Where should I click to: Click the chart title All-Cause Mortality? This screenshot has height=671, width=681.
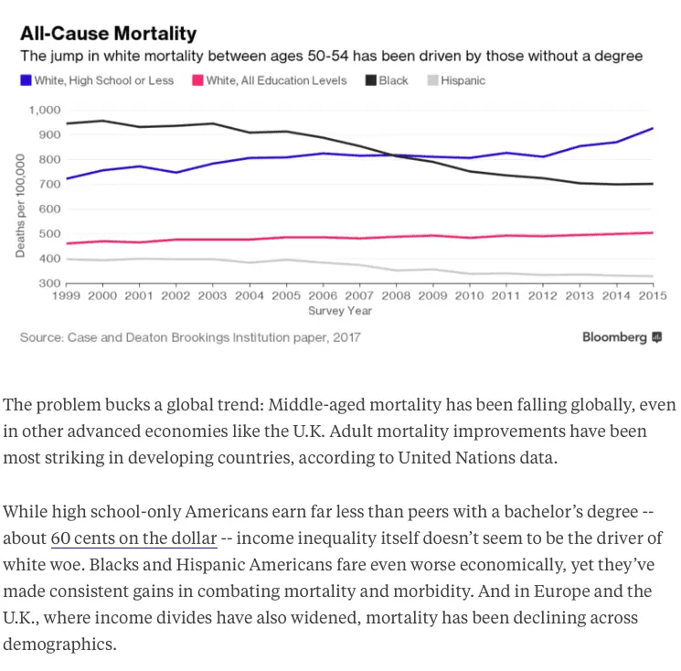(x=109, y=34)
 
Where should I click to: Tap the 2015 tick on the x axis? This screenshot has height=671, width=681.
(x=652, y=296)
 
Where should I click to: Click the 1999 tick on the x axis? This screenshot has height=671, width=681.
(x=67, y=296)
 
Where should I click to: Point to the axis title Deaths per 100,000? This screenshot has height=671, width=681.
(x=19, y=205)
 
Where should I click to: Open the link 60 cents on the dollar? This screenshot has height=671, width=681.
(x=134, y=538)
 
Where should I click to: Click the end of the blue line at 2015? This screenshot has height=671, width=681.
(x=652, y=129)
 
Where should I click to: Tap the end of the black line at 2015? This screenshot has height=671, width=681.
(x=652, y=184)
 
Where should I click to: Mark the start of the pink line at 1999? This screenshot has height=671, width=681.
(x=67, y=243)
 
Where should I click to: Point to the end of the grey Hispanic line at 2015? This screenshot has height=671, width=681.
(x=652, y=276)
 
